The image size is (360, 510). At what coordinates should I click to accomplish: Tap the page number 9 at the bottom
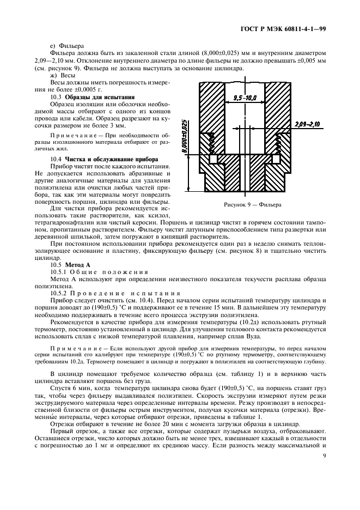324,457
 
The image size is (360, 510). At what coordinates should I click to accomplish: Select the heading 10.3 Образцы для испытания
89,96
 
